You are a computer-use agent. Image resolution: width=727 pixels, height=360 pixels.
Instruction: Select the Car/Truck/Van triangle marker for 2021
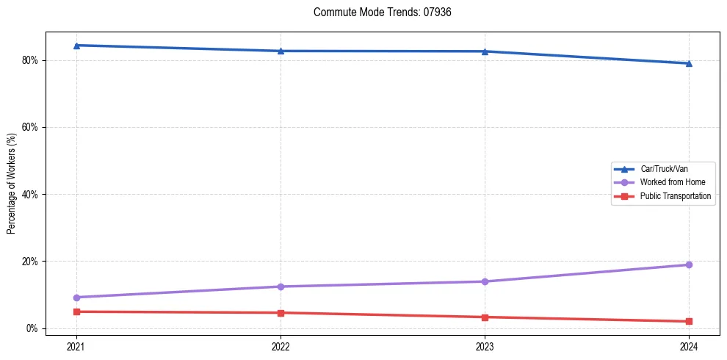[x=76, y=46]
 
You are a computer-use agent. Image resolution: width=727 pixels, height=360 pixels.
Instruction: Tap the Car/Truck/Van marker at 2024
[x=689, y=63]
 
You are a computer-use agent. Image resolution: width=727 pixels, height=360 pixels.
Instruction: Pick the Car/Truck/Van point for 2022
[x=281, y=51]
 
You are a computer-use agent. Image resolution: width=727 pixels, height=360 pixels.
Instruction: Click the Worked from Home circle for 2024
[x=689, y=264]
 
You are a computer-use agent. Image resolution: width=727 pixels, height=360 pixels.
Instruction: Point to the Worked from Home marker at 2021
[x=76, y=298]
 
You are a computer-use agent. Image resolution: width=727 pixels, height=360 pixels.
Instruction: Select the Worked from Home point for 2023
[x=485, y=281]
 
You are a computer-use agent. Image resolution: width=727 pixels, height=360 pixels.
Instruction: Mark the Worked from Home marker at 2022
[x=281, y=287]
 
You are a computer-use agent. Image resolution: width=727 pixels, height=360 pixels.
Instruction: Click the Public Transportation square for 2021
[x=76, y=312]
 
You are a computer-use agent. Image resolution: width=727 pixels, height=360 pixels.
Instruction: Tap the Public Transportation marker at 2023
[x=485, y=317]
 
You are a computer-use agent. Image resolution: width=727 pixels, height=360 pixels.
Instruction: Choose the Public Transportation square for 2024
[x=689, y=321]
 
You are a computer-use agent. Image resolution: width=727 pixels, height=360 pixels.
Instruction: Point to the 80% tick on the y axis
[x=31, y=60]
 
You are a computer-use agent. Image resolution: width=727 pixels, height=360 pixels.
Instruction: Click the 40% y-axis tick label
[x=31, y=195]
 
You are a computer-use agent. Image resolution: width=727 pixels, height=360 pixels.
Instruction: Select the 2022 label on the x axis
[x=281, y=346]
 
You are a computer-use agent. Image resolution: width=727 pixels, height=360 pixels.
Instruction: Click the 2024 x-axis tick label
[x=689, y=346]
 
